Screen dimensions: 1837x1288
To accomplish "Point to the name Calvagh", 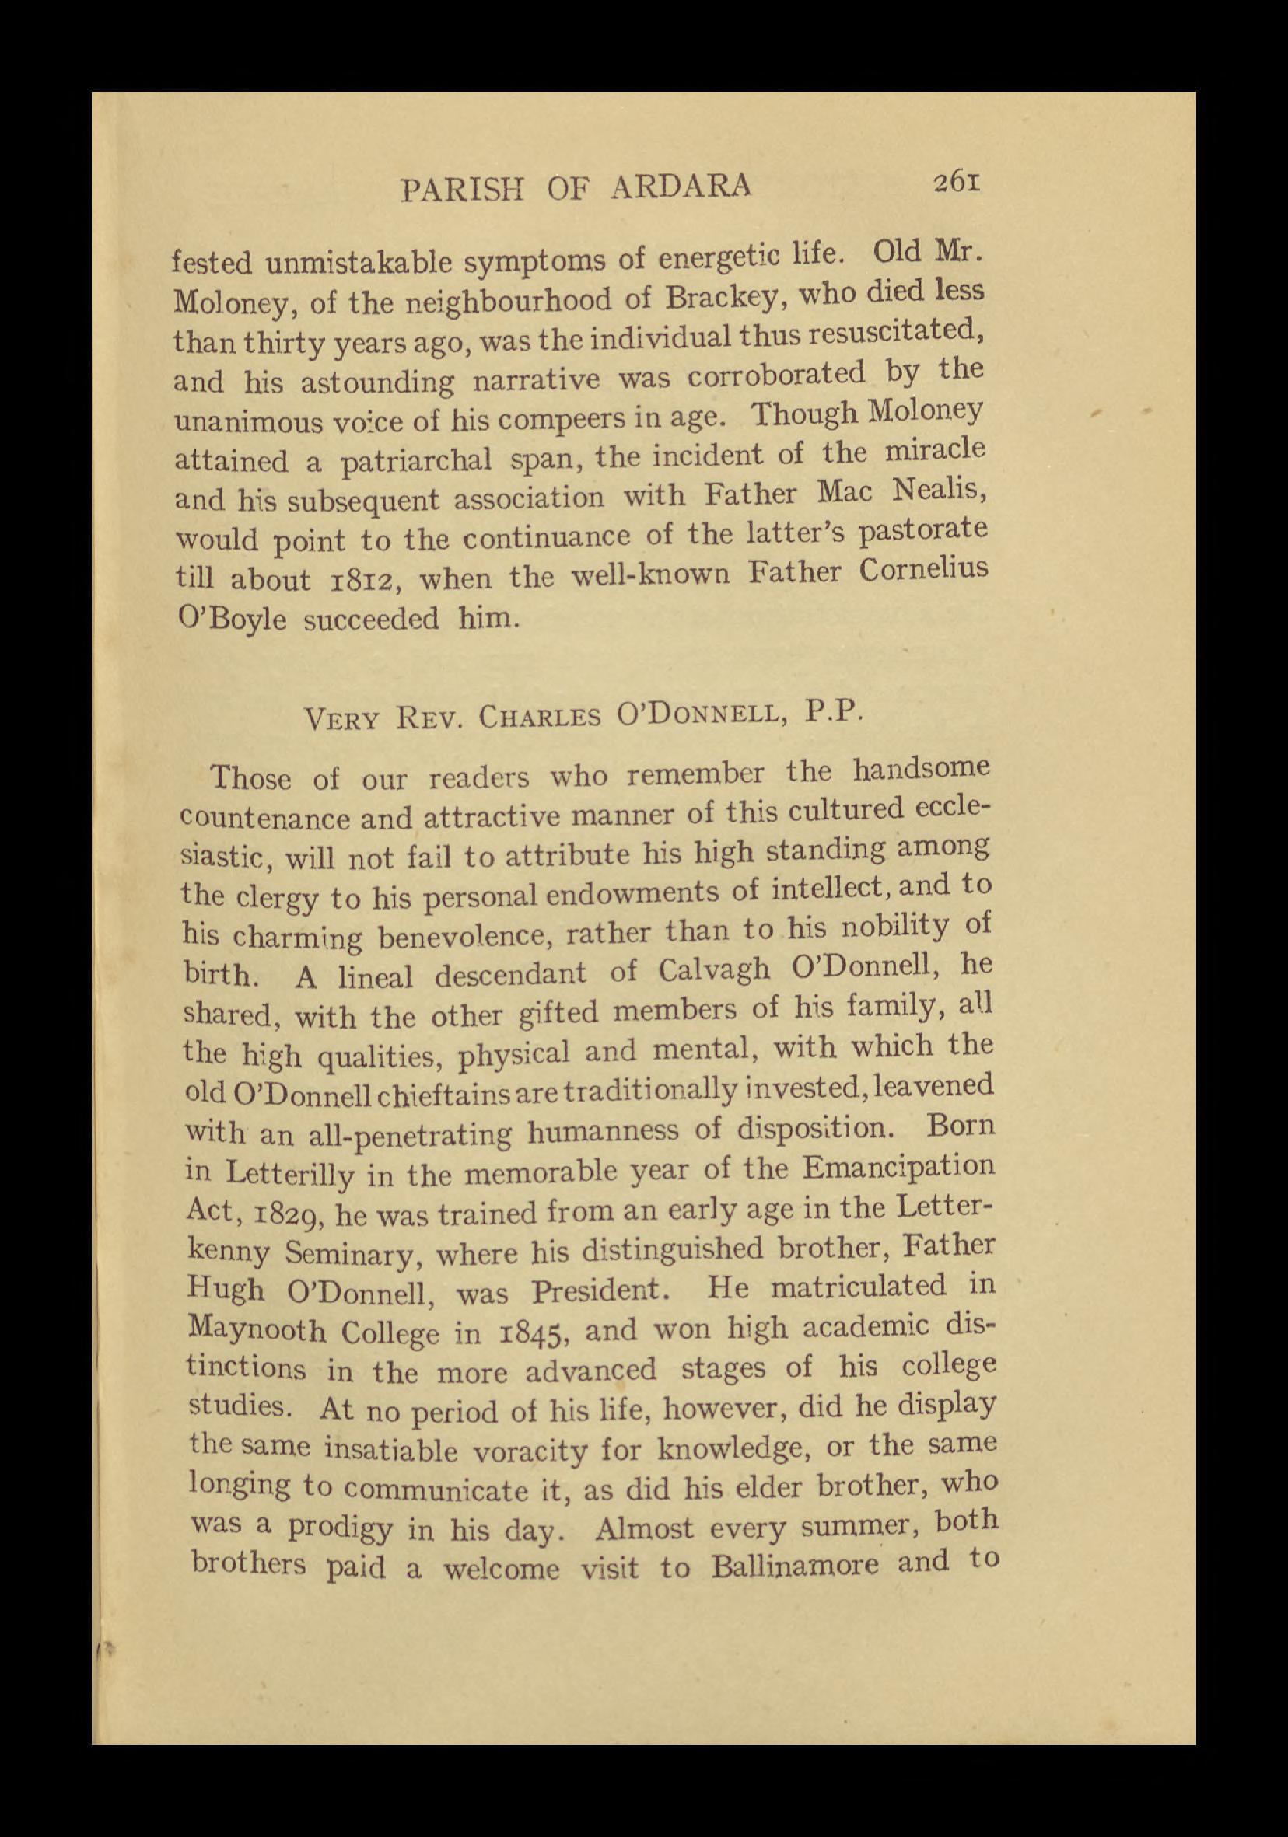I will point(714,969).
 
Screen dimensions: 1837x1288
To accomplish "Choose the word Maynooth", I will point(256,1331).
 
